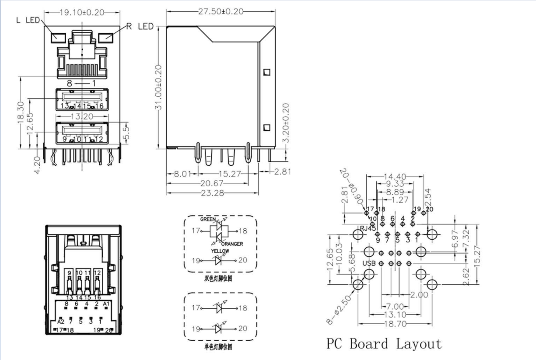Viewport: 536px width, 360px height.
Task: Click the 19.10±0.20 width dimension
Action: (x=82, y=12)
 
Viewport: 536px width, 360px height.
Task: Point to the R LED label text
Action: (x=140, y=27)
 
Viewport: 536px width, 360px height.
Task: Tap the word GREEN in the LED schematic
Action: (x=208, y=219)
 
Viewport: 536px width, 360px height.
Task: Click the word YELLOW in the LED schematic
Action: (x=220, y=252)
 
